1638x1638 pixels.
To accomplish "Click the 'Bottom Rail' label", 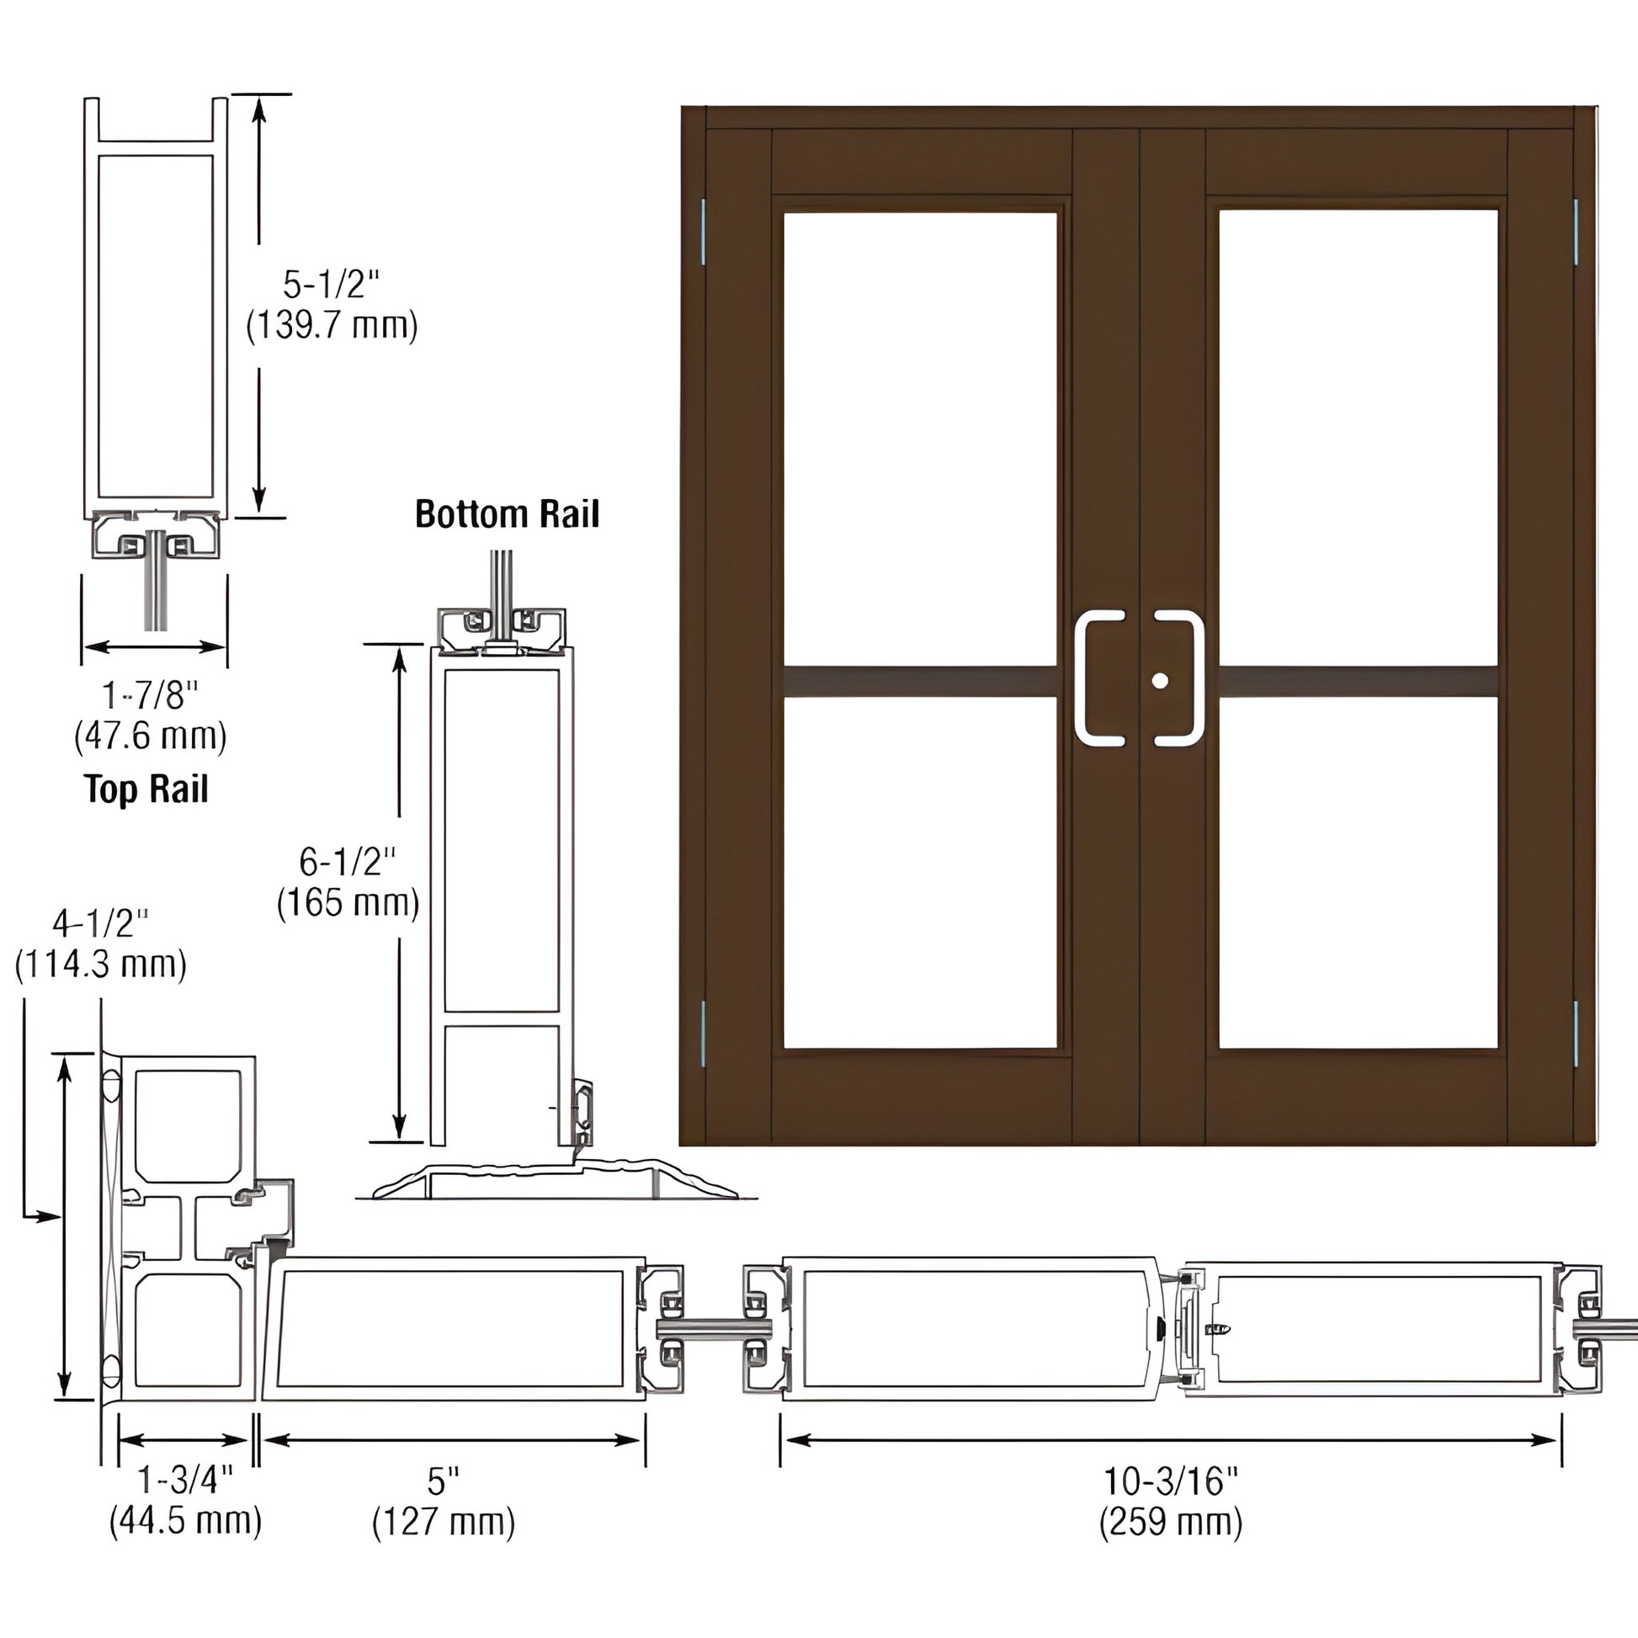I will click(506, 513).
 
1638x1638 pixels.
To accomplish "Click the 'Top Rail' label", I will click(146, 790).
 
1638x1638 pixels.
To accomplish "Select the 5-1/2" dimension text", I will click(332, 284).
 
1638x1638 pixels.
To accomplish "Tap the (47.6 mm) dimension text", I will click(150, 735).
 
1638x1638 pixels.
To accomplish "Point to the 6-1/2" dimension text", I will click(348, 862).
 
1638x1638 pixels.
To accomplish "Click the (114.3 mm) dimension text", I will click(100, 964).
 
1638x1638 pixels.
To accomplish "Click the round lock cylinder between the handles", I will click(1160, 681).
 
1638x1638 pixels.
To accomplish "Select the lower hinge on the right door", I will click(1576, 1034).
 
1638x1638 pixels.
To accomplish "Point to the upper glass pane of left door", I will click(920, 439).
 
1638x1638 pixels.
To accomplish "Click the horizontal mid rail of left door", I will click(920, 682).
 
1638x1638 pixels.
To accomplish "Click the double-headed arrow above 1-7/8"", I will click(154, 647).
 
